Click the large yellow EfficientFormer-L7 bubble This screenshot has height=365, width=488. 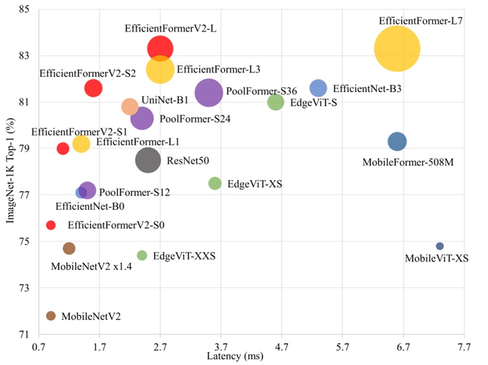tap(397, 49)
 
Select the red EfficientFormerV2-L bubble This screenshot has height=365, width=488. tap(160, 48)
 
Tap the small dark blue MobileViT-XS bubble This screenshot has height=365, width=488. tap(440, 246)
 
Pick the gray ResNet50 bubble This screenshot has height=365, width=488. tap(148, 160)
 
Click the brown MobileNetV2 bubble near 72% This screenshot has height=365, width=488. tap(51, 316)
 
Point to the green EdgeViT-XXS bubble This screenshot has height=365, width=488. tap(142, 255)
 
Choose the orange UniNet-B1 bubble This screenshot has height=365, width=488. tap(130, 107)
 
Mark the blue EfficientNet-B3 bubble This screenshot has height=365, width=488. tap(318, 88)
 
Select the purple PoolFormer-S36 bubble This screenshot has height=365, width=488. tap(209, 92)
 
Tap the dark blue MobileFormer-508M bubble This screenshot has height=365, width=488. tap(397, 141)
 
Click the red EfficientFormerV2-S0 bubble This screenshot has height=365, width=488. tap(51, 225)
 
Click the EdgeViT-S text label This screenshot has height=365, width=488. tap(310, 102)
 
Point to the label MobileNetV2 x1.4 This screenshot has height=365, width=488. tap(91, 267)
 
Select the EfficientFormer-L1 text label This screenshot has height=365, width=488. tap(138, 142)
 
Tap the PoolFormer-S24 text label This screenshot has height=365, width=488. tap(195, 119)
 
